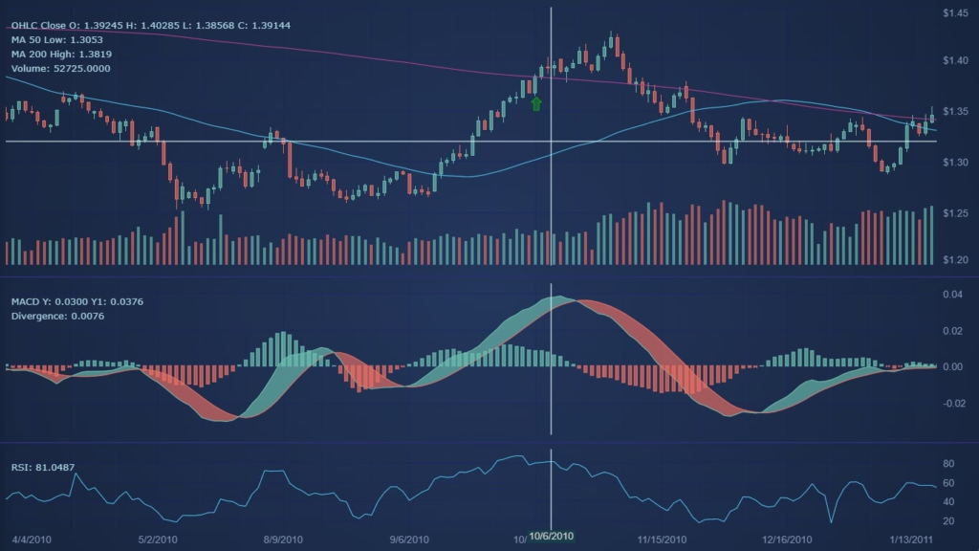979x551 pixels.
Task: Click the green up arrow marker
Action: coord(536,103)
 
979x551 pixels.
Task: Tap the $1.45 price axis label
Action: coord(955,12)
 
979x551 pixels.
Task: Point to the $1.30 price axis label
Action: coord(955,163)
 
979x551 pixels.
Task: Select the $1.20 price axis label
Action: coord(955,259)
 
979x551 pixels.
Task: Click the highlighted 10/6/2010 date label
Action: coord(552,536)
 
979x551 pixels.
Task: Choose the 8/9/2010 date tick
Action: coord(283,540)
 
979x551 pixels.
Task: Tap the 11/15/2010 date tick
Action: coord(659,540)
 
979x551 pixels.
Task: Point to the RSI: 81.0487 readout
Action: coord(43,467)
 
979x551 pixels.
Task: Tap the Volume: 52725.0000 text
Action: coord(60,69)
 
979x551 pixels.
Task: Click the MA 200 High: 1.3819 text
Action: coord(61,55)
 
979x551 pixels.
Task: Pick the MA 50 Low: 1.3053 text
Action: coord(58,39)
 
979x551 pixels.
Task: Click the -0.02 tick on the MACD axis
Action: coord(952,403)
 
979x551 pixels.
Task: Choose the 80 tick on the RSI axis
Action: coord(950,464)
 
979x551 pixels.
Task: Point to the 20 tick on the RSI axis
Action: coord(950,521)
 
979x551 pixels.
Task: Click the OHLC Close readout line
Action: coord(143,25)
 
